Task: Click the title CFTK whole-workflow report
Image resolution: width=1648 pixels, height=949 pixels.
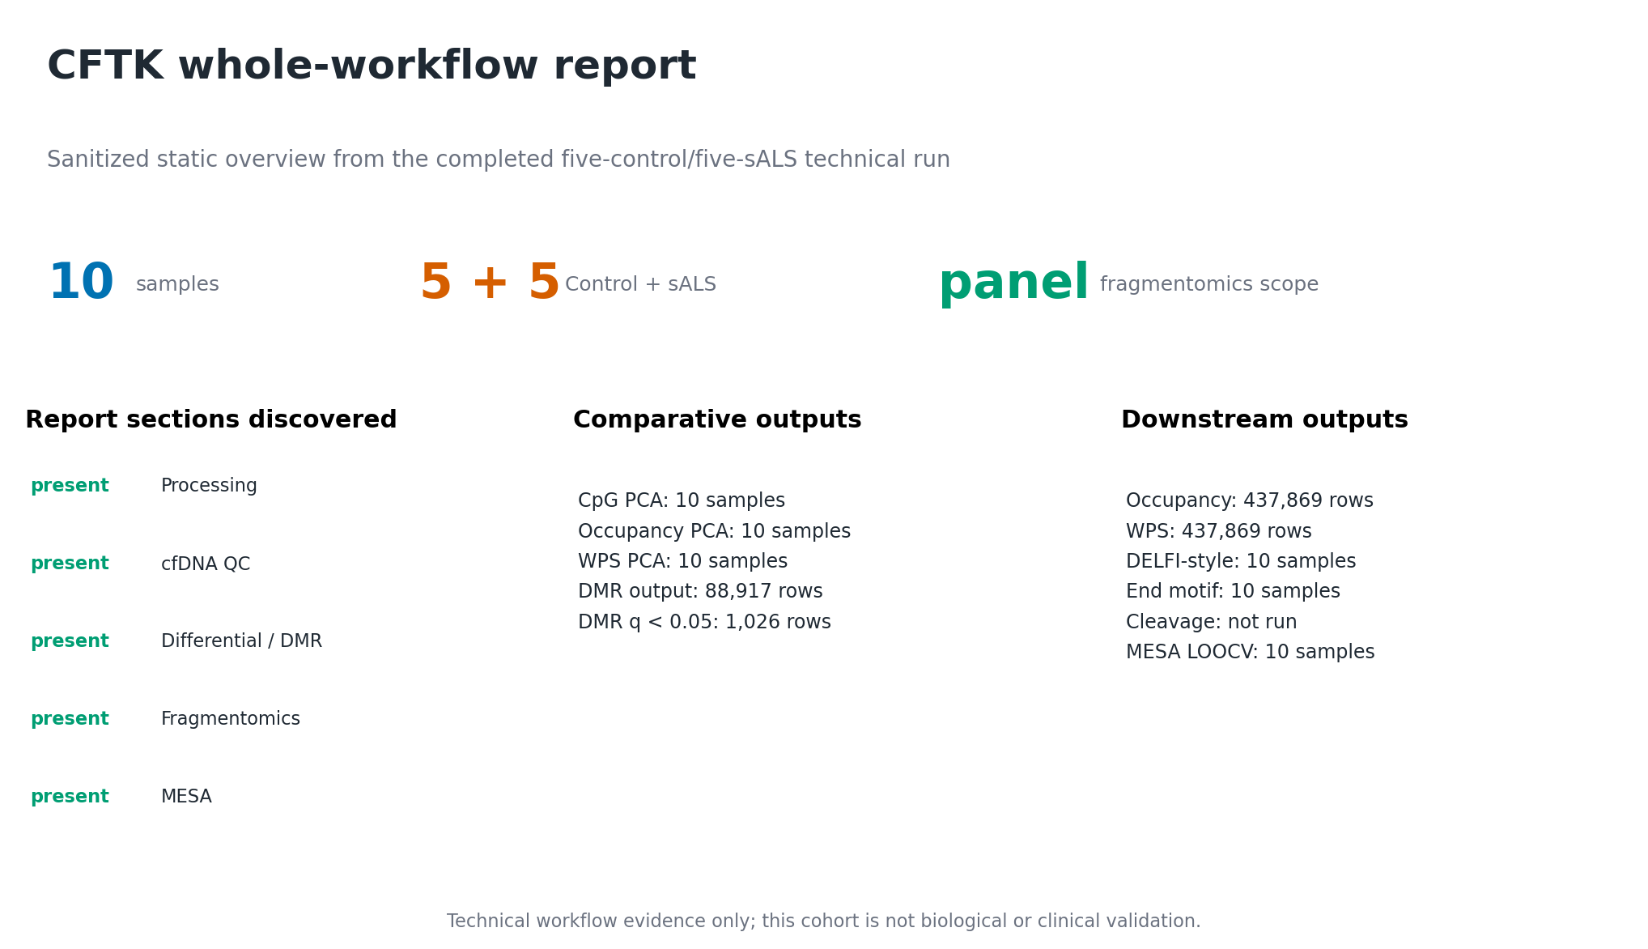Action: (x=372, y=66)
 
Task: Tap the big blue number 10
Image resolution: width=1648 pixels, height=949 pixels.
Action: (x=81, y=283)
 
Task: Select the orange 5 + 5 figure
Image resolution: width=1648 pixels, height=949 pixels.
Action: (x=490, y=283)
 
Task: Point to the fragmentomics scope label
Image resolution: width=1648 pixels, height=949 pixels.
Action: (x=1209, y=284)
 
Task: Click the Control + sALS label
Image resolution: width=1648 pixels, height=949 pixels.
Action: (x=640, y=284)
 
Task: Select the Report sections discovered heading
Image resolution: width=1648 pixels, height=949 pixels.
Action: (x=211, y=419)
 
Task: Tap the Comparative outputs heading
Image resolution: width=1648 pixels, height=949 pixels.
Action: (x=717, y=419)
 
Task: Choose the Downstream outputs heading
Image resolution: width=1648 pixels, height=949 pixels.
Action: (x=1264, y=419)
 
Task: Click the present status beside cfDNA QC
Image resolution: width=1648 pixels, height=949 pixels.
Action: (x=70, y=564)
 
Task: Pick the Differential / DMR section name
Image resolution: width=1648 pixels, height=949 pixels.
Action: (x=241, y=641)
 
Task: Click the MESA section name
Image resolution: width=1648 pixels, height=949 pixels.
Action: (x=186, y=797)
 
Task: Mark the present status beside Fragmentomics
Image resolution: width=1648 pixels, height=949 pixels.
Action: (x=70, y=719)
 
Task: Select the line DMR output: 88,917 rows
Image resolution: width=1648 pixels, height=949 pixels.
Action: (x=700, y=591)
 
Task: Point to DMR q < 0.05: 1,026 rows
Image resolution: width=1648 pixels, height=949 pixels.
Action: (x=704, y=622)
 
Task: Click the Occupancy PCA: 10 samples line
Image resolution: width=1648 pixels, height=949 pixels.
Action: (x=714, y=531)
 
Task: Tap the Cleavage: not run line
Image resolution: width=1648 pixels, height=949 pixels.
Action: (x=1211, y=622)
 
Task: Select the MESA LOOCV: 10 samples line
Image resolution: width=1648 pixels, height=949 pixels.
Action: (x=1250, y=652)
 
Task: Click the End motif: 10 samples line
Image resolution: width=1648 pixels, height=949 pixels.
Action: (x=1233, y=591)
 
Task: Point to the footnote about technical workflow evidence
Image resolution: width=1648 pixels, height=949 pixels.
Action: (x=823, y=921)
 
